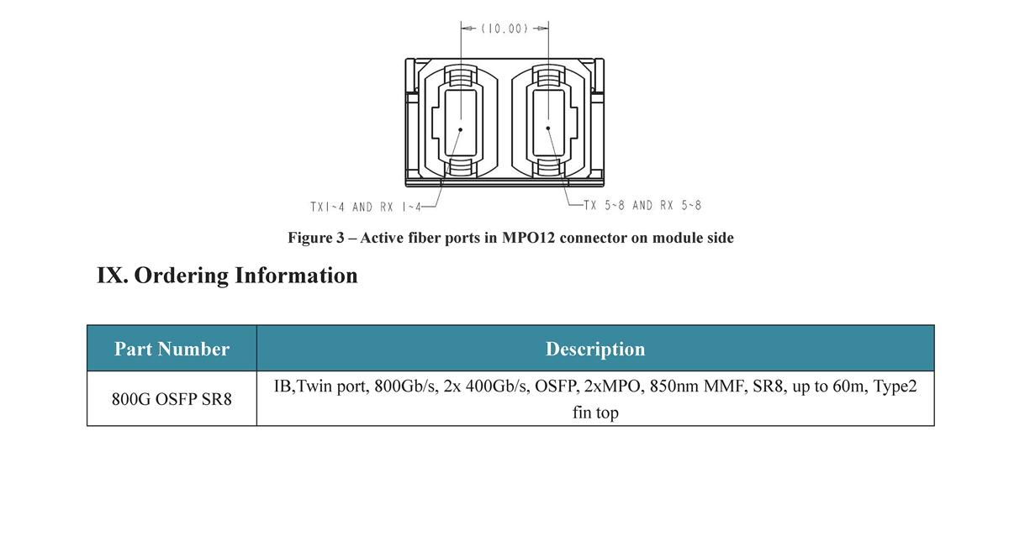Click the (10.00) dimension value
click(x=504, y=29)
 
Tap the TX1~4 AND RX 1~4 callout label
click(x=366, y=207)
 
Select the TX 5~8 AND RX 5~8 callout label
click(x=642, y=206)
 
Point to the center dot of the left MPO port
click(x=461, y=129)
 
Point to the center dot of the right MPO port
click(x=548, y=129)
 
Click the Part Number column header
click(x=172, y=349)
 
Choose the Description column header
click(x=595, y=349)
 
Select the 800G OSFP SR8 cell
click(x=172, y=399)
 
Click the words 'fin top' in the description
click(x=595, y=412)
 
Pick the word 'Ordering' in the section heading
click(x=181, y=276)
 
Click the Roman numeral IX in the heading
click(x=111, y=276)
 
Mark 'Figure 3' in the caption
click(x=316, y=238)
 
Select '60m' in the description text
click(x=850, y=386)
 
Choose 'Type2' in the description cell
click(x=895, y=386)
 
